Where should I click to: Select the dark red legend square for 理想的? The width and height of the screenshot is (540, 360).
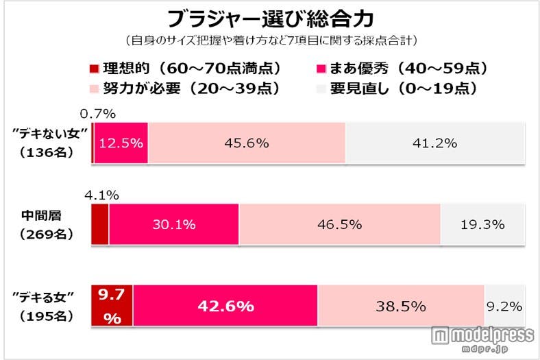pyautogui.click(x=95, y=69)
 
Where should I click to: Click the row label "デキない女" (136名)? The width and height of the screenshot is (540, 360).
pyautogui.click(x=47, y=143)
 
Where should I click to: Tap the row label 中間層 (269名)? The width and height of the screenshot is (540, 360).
pyautogui.click(x=47, y=225)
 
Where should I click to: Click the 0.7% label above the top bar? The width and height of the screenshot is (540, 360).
pyautogui.click(x=96, y=114)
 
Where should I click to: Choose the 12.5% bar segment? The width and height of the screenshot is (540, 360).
pyautogui.click(x=121, y=143)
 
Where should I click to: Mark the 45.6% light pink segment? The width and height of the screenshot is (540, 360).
pyautogui.click(x=247, y=143)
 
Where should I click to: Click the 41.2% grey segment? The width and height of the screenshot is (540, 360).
pyautogui.click(x=437, y=143)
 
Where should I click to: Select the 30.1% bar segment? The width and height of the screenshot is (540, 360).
pyautogui.click(x=174, y=224)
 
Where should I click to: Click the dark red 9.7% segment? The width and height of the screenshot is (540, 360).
pyautogui.click(x=112, y=306)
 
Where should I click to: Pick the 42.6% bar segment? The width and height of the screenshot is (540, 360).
pyautogui.click(x=225, y=306)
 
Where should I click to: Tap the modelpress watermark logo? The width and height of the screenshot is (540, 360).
pyautogui.click(x=482, y=336)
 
